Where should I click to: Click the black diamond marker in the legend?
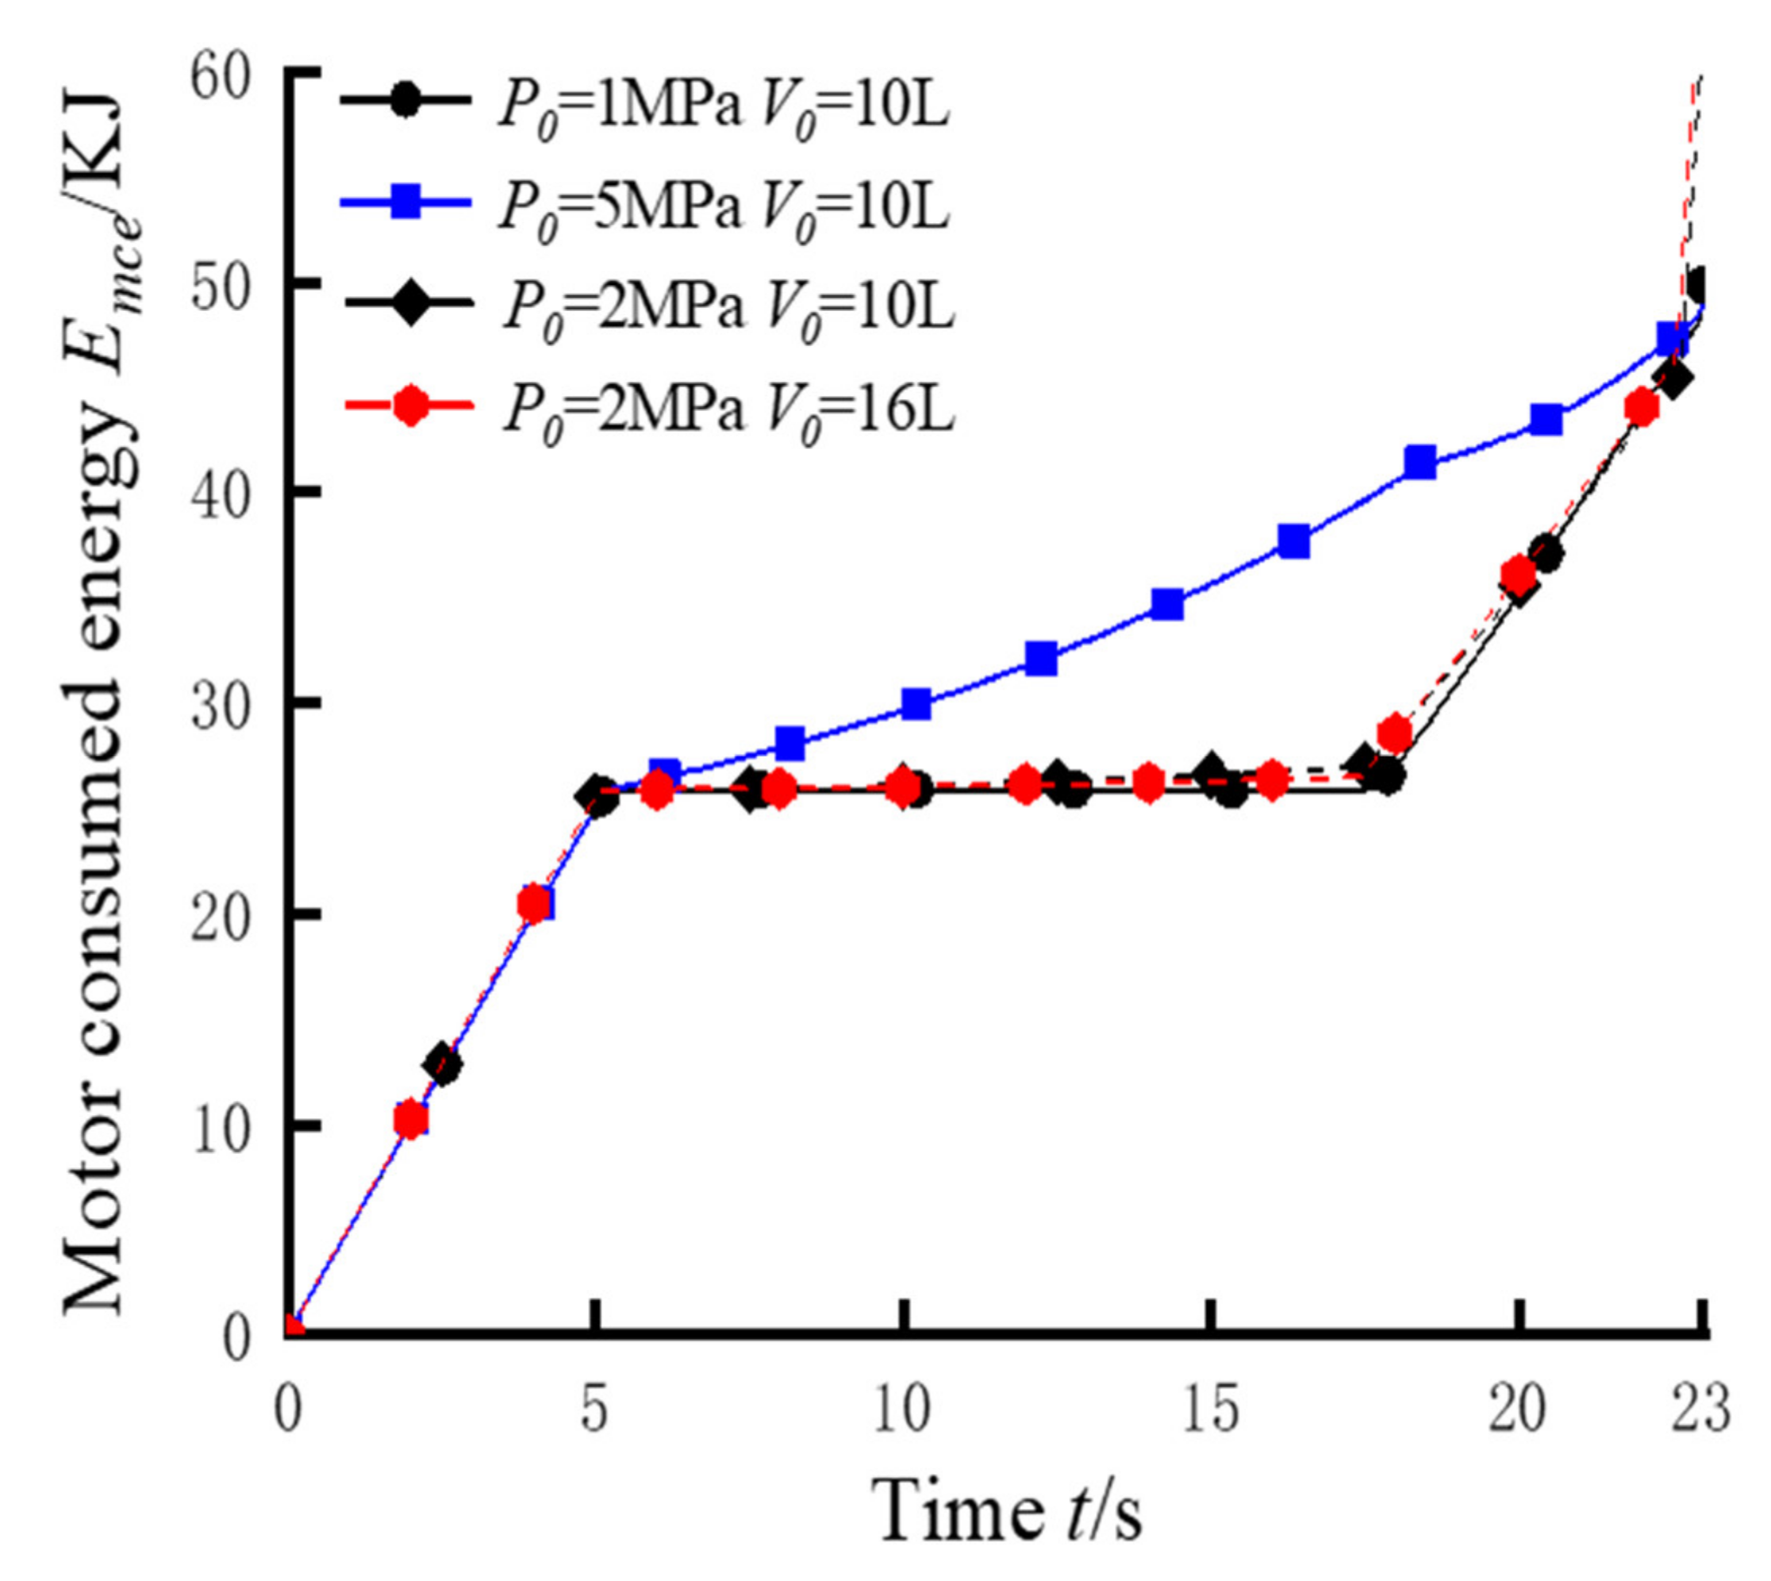(x=408, y=304)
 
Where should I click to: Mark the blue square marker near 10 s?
(x=916, y=704)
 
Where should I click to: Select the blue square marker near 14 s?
(x=1167, y=604)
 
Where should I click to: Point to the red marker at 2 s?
(x=411, y=1121)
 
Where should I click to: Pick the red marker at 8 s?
(x=779, y=789)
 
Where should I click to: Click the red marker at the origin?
(x=293, y=1328)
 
